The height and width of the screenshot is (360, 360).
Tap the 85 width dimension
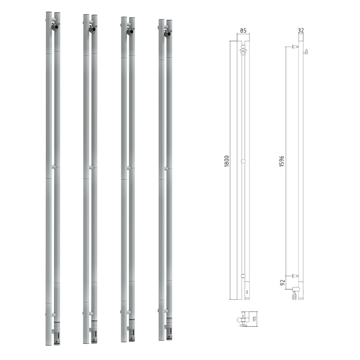pos(243,31)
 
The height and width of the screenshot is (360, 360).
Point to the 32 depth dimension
pos(301,31)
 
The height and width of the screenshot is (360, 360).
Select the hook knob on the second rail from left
pos(93,30)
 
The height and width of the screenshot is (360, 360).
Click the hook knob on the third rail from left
pos(130,31)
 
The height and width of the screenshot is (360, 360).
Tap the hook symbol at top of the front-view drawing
pos(243,51)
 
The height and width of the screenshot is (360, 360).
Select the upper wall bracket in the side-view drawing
pos(294,46)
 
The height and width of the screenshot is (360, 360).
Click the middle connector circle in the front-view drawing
pos(243,161)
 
